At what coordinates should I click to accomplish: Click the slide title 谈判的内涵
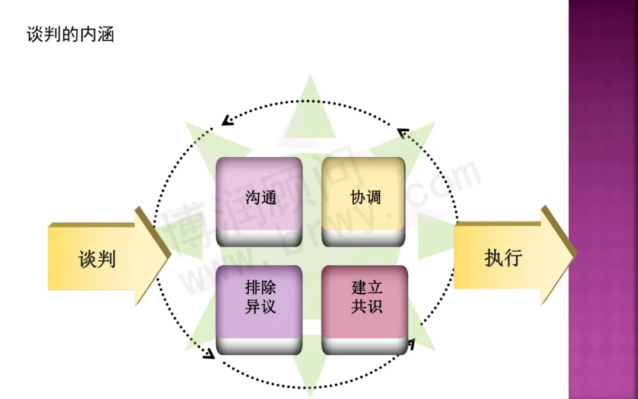pos(70,34)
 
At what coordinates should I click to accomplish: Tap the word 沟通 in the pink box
pos(261,197)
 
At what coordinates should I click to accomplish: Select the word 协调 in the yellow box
pos(366,197)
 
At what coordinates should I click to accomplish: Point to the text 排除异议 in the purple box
pos(261,297)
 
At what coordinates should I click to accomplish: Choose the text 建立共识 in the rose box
pos(366,297)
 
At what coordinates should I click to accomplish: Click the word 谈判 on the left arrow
pos(97,259)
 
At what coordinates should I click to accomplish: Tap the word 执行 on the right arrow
pos(503,258)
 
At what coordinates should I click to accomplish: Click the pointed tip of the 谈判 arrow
pos(170,256)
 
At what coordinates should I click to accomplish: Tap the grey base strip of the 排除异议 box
pos(259,346)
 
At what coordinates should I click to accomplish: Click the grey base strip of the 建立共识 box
pos(364,346)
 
